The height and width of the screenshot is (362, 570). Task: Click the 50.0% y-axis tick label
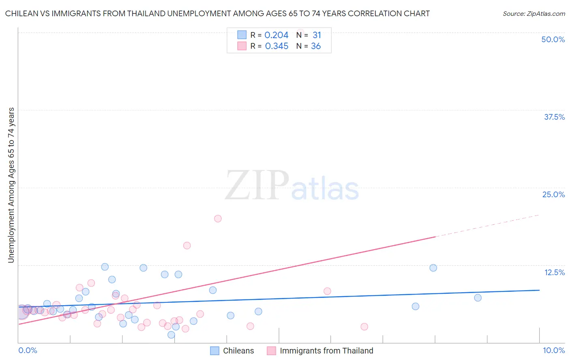click(x=553, y=39)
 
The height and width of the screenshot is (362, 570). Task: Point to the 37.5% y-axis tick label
click(x=554, y=117)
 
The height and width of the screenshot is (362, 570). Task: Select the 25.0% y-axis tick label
click(x=553, y=194)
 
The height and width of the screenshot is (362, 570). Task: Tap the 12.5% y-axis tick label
click(x=554, y=272)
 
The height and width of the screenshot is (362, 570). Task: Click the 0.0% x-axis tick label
click(x=28, y=350)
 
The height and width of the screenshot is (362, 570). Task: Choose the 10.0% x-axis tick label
click(x=553, y=350)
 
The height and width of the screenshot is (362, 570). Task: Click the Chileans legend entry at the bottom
click(x=238, y=351)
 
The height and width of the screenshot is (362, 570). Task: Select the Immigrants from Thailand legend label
click(x=326, y=351)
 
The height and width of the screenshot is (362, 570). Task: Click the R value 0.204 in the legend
click(x=276, y=35)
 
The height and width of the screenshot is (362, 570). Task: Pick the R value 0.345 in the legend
click(x=276, y=46)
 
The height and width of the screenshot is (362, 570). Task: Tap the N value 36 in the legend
click(x=316, y=46)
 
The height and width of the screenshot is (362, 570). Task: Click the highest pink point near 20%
click(x=218, y=219)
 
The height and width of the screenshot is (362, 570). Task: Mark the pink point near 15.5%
click(x=187, y=246)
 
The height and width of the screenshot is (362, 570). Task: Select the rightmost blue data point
click(x=478, y=298)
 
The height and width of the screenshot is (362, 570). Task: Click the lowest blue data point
click(x=171, y=335)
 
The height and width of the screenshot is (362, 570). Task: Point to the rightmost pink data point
click(x=364, y=327)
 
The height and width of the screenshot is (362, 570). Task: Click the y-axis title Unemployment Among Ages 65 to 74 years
click(x=11, y=185)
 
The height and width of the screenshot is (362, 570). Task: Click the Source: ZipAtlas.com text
click(x=534, y=14)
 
